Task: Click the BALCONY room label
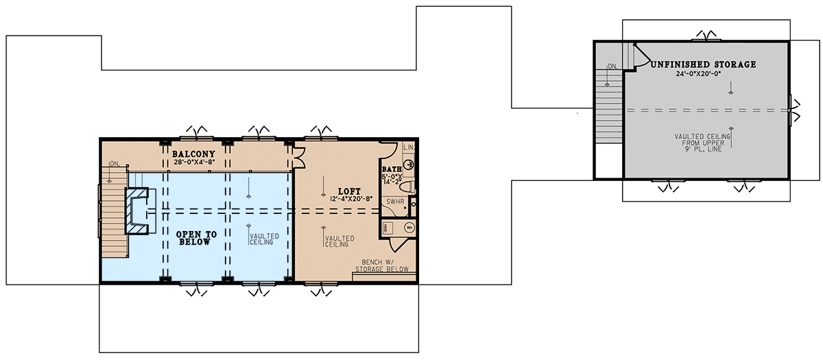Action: click(x=194, y=154)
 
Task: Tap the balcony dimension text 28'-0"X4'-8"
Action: click(x=194, y=162)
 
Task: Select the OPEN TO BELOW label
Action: click(x=197, y=238)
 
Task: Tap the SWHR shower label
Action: click(x=394, y=202)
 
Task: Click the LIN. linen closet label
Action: click(x=408, y=147)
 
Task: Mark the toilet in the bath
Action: click(x=406, y=186)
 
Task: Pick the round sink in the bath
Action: click(x=407, y=164)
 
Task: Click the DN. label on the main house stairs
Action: click(x=114, y=165)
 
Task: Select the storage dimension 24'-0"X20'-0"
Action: click(x=702, y=73)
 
